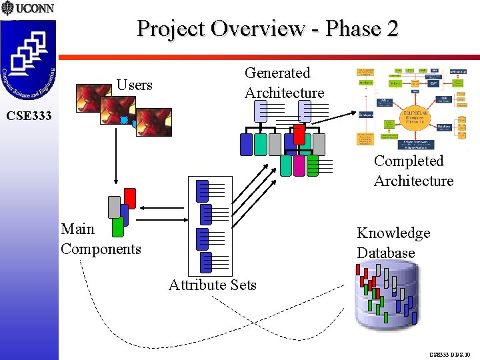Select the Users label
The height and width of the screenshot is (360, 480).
[135, 85]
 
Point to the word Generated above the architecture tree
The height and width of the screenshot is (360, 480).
[277, 73]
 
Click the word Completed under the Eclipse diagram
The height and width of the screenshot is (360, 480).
[408, 161]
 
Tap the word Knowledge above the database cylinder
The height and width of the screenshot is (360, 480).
[393, 233]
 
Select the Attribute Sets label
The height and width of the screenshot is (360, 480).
[212, 285]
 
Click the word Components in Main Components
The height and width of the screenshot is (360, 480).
[101, 249]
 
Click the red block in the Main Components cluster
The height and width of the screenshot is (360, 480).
[130, 199]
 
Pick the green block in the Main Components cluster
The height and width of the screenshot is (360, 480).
[118, 228]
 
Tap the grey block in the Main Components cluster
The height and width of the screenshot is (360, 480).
[114, 207]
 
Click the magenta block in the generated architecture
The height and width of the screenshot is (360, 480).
[299, 165]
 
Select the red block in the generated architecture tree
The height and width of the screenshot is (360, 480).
[299, 135]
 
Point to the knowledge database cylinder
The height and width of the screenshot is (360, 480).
[387, 297]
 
